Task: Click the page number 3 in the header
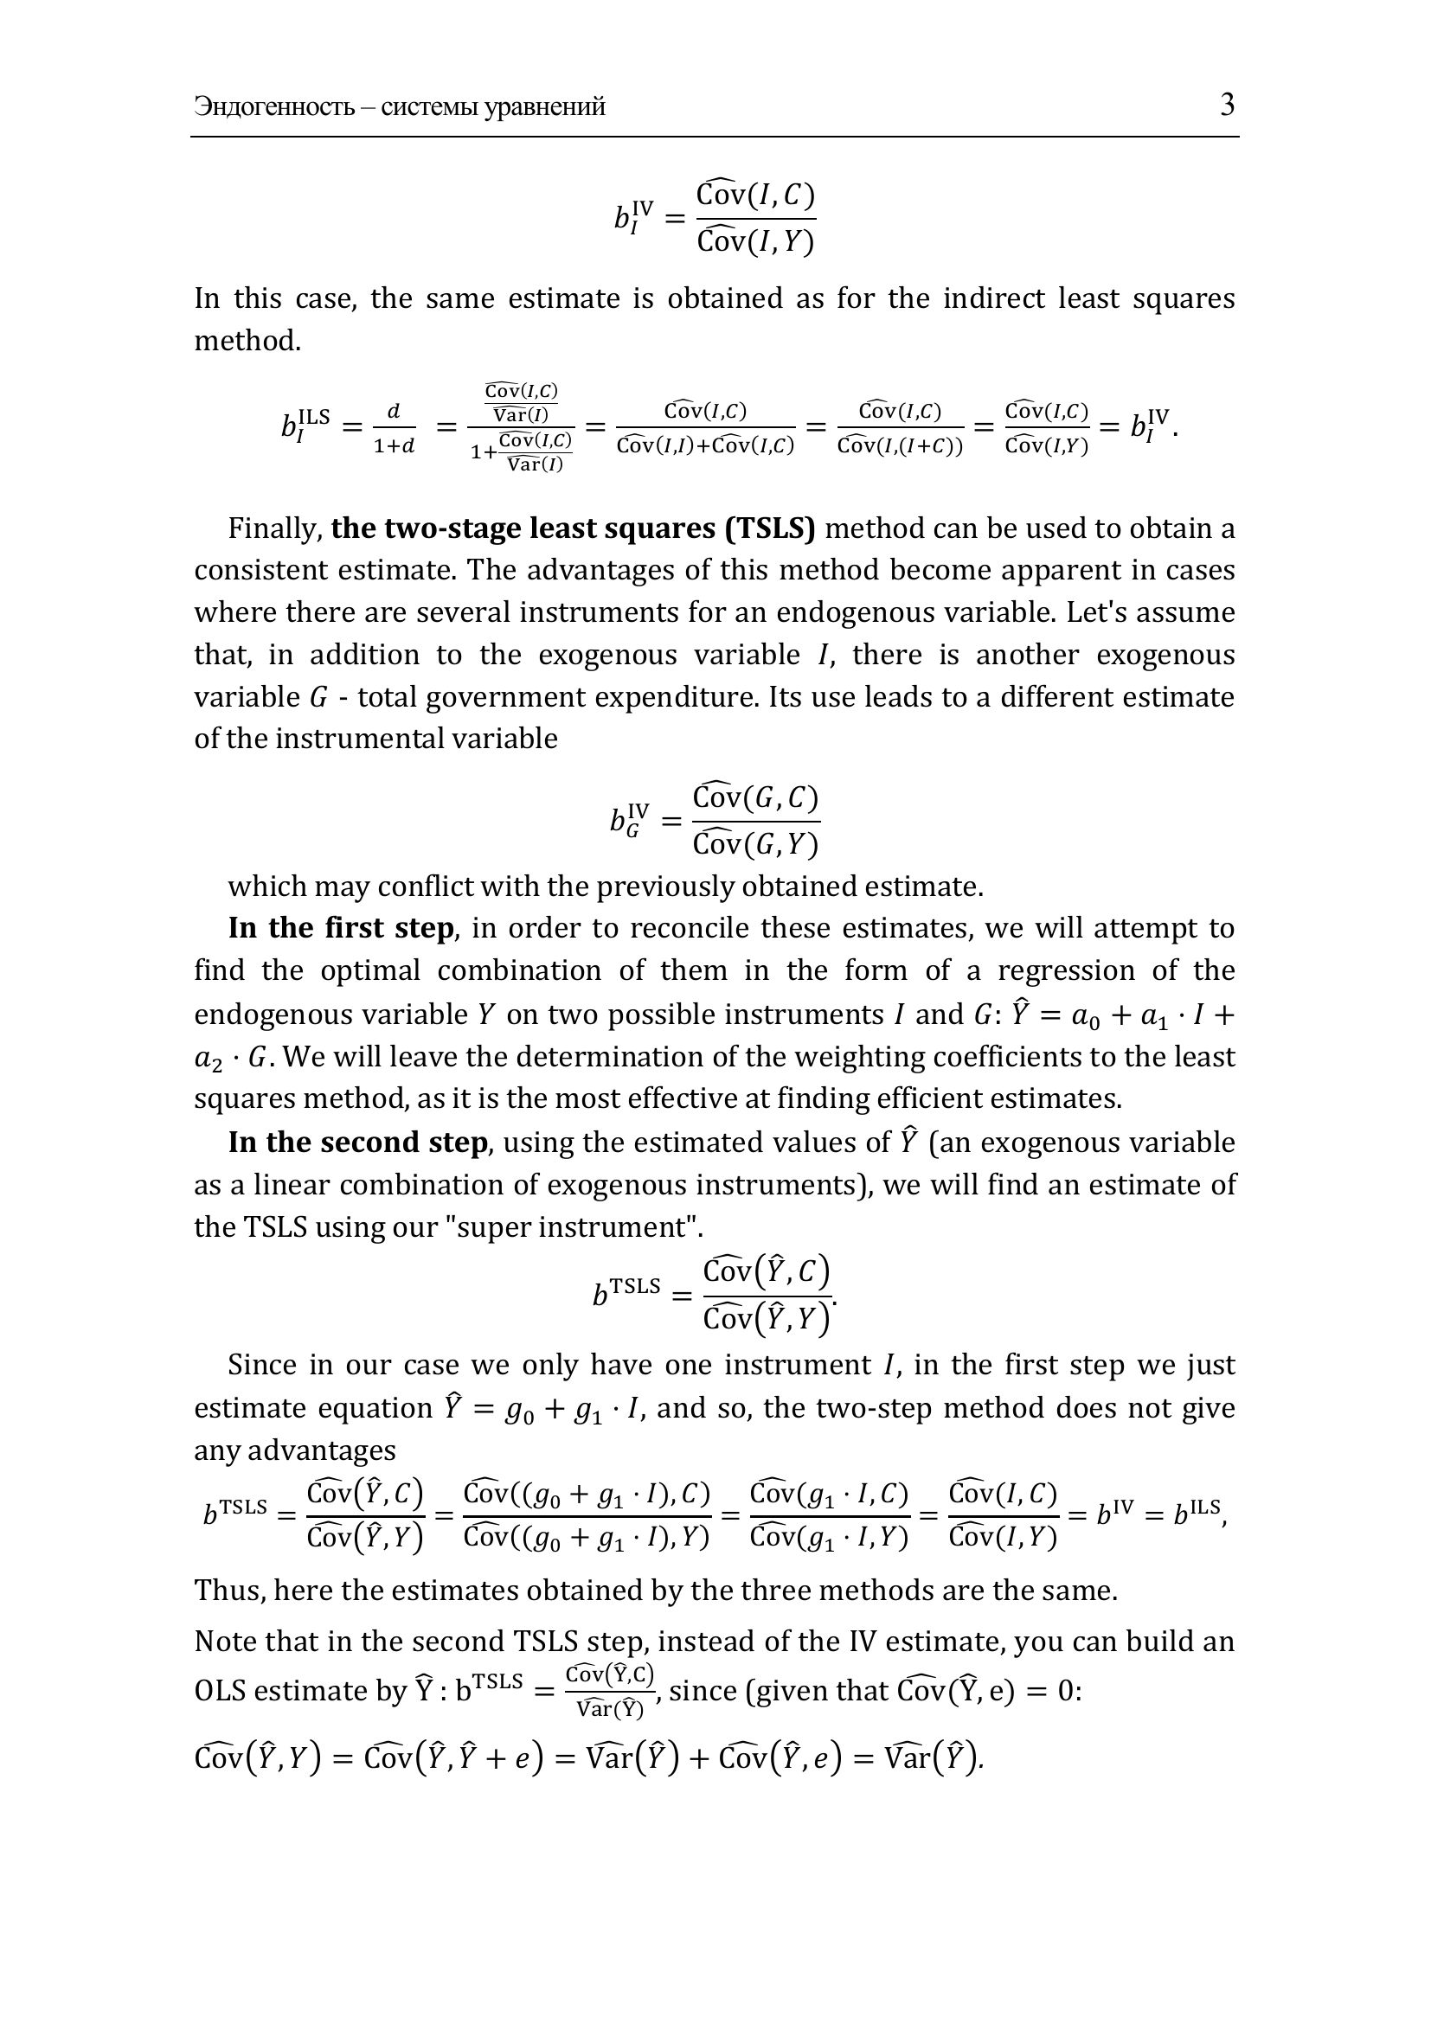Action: click(1228, 106)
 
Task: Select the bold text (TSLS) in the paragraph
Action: click(769, 528)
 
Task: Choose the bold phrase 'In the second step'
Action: click(356, 1142)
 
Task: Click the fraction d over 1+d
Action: click(394, 428)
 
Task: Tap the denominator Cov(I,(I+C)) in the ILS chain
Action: click(900, 445)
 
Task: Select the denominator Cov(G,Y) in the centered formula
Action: click(756, 845)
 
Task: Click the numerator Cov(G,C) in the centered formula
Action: click(756, 798)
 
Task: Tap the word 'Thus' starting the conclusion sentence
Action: click(221, 1591)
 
